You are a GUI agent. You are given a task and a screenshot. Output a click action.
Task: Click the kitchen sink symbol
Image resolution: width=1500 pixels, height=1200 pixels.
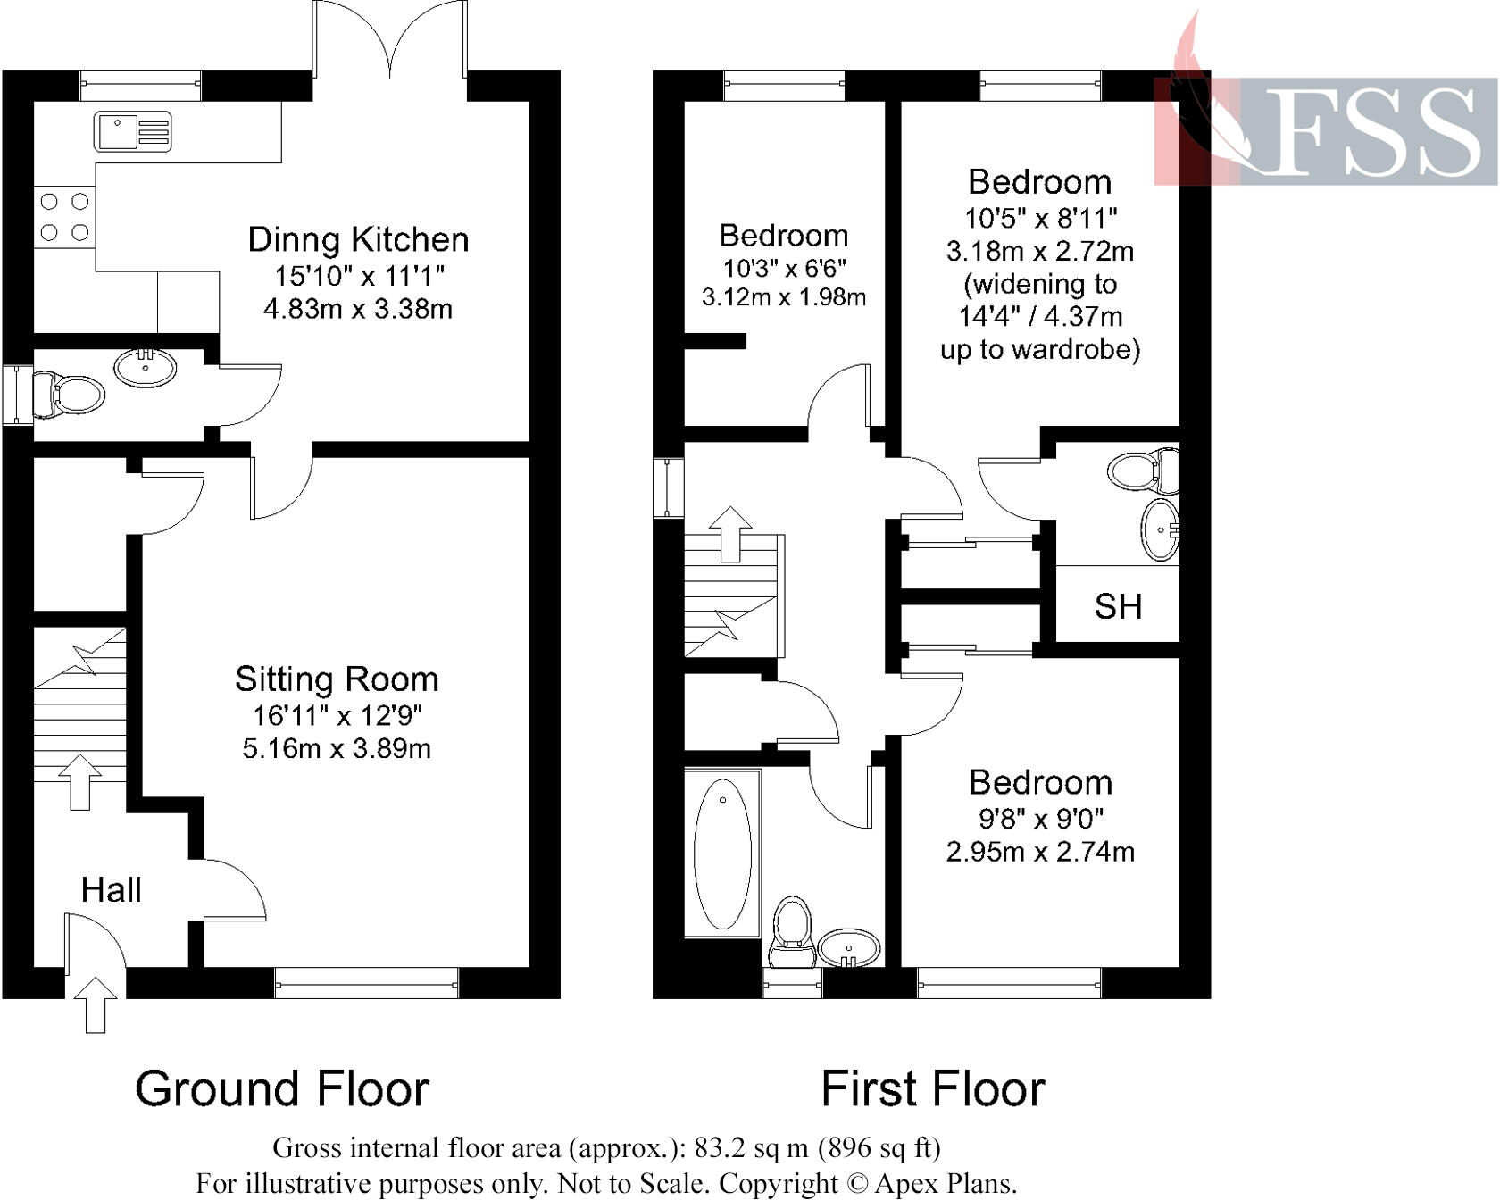(132, 131)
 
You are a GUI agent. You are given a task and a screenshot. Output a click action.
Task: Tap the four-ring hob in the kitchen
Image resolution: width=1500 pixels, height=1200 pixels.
(64, 217)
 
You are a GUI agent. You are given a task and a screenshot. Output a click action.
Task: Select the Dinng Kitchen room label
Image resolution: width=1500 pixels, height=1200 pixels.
(358, 239)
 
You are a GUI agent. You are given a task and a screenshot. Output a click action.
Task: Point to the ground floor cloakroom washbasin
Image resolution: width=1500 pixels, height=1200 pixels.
(146, 367)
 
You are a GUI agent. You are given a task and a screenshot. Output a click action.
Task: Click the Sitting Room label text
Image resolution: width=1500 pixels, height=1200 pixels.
(337, 679)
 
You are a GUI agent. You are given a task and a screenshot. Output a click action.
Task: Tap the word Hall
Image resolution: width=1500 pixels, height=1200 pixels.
(111, 890)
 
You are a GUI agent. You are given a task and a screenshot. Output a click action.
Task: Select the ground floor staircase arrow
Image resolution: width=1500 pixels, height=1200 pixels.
(80, 781)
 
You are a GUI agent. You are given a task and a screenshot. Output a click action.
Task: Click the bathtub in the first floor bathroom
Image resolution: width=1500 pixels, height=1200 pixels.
(722, 854)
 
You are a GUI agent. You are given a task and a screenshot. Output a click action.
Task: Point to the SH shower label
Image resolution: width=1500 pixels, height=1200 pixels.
(1118, 607)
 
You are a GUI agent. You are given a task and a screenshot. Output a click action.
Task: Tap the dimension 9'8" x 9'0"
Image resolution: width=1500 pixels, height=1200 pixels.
(1040, 818)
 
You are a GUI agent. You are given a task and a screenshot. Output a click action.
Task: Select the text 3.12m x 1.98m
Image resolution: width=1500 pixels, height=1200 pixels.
(783, 297)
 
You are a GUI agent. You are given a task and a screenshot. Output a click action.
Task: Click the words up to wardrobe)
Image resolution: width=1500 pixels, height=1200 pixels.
(1040, 349)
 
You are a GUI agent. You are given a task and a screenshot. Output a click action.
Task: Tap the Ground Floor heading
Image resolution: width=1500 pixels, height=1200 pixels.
(282, 1089)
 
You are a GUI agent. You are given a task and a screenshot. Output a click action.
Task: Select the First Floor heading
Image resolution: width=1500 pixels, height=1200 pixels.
(932, 1089)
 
